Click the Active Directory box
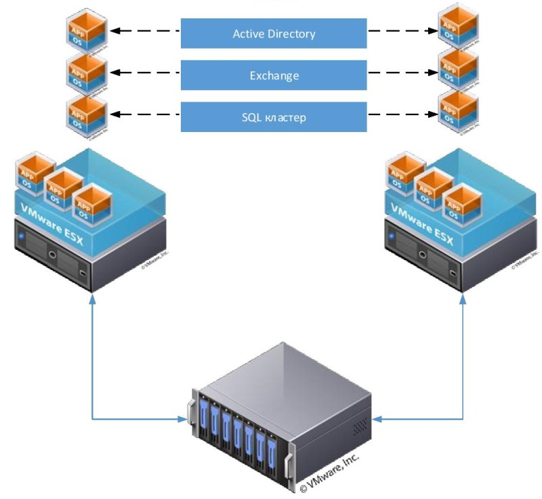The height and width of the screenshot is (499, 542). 274,33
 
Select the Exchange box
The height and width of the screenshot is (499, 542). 274,75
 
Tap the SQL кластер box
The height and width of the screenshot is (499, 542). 274,117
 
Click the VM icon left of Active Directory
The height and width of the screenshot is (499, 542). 86,31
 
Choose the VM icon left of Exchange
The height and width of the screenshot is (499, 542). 86,73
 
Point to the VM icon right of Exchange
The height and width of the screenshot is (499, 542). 458,70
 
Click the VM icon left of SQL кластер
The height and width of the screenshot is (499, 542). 86,115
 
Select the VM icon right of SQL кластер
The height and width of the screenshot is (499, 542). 458,112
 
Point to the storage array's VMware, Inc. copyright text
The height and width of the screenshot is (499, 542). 329,474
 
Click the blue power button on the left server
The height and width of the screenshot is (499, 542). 23,237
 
